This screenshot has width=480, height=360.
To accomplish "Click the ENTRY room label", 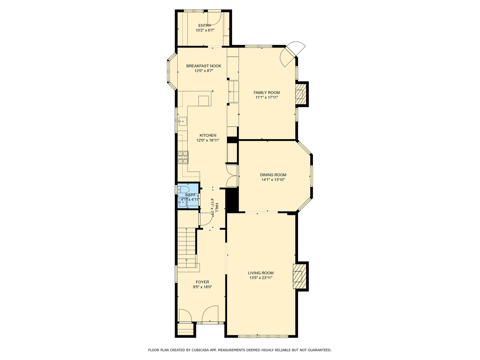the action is pos(205,25).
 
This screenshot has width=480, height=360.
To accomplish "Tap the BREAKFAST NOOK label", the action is pos(204,66).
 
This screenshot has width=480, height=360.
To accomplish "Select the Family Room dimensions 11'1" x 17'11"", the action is pos(267,97).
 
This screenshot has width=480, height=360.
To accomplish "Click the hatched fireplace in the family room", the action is pos(299,94).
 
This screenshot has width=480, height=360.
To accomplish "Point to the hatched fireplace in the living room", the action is pos(298,276).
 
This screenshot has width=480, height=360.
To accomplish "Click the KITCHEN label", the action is pos(208,135).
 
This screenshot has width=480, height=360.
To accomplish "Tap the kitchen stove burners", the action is pos(183,157).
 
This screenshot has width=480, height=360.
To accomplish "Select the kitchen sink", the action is pos(182,121).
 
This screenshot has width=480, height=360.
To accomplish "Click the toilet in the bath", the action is pos(182,189).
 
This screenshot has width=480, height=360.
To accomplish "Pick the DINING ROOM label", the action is pos(273,175).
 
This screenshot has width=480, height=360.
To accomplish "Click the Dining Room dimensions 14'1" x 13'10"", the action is pos(273,180).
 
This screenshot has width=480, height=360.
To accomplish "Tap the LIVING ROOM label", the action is pos(261,273).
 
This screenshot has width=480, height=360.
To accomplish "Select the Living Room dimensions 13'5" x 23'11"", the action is pos(261,278).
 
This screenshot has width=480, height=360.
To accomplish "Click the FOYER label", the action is pos(202,282).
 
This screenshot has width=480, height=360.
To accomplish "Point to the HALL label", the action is pos(217,208).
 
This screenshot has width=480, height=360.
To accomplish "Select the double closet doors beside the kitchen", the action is pos(232,176).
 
